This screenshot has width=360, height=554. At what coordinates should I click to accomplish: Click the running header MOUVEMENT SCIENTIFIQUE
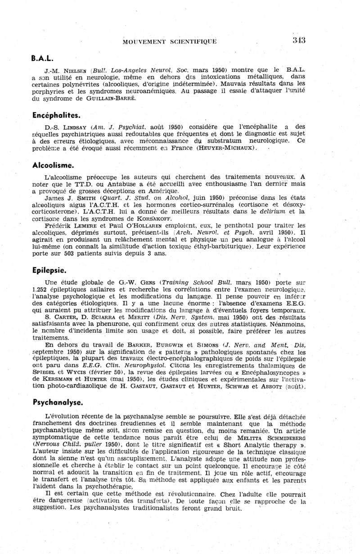tap(170, 41)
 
